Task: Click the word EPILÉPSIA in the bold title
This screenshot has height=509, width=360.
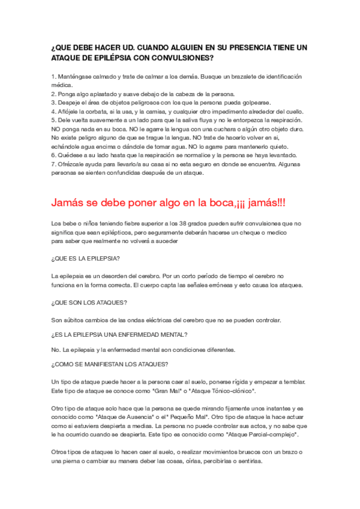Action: coord(112,59)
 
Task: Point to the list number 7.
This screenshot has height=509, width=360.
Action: coord(53,164)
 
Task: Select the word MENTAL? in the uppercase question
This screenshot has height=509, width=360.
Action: coord(170,334)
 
